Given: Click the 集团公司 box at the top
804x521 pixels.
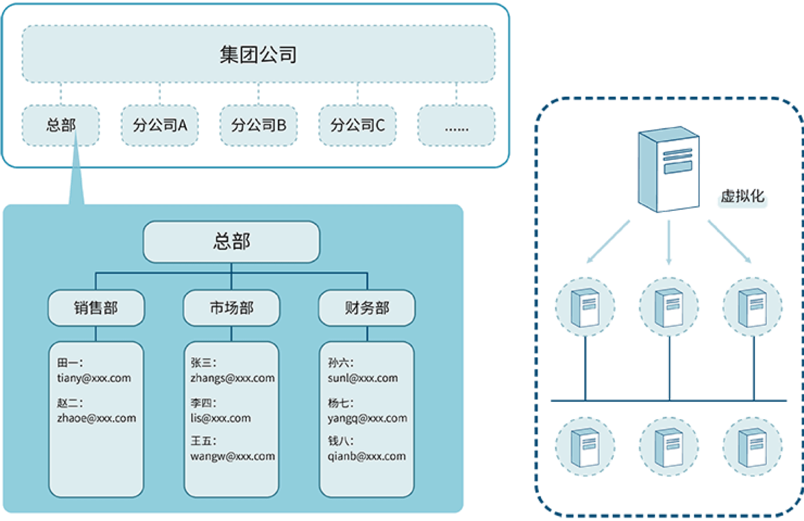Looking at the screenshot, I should click(x=258, y=54).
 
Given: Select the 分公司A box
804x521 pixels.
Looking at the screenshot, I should click(x=160, y=125).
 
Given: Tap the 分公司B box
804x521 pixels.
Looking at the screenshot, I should click(x=258, y=125).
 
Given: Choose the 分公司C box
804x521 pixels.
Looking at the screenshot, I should click(x=357, y=125).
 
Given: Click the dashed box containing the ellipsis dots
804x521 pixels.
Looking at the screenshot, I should click(x=456, y=126).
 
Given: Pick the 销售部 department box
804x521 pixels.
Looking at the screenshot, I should click(x=96, y=308).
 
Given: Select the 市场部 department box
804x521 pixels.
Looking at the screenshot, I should click(x=231, y=308).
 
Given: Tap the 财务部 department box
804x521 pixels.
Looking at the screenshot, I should click(x=367, y=308).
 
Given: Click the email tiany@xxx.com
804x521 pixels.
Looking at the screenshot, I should click(x=94, y=378).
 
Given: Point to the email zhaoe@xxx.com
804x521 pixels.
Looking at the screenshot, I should click(x=96, y=418).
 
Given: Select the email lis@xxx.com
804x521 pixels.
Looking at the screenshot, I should click(x=221, y=418).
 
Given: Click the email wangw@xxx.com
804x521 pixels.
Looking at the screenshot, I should click(x=232, y=456).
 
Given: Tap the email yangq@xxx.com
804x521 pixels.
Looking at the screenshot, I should click(x=367, y=418).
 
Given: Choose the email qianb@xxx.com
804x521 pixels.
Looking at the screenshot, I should click(x=367, y=456).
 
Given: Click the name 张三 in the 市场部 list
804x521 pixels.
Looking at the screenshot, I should click(x=203, y=363).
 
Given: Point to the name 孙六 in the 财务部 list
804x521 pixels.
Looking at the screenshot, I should click(x=340, y=363).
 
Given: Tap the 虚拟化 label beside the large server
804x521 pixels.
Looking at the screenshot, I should click(x=743, y=197).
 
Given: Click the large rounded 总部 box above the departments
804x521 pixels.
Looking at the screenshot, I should click(x=231, y=241).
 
